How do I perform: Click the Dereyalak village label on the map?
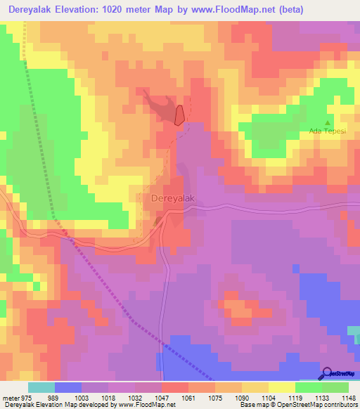[172, 199]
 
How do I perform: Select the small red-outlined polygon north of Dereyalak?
[180, 115]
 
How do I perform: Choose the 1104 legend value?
[267, 397]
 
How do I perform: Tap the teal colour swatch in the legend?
[41, 387]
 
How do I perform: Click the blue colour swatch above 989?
[68, 387]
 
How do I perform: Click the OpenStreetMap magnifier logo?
[328, 373]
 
